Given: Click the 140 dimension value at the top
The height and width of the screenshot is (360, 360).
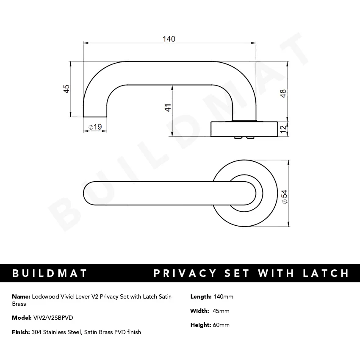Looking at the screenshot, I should (x=169, y=39).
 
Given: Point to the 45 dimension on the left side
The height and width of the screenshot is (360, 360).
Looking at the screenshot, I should (x=66, y=89).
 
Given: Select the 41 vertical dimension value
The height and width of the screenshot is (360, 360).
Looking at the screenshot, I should (x=168, y=108).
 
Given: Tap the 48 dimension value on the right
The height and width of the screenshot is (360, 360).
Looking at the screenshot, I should (x=283, y=93).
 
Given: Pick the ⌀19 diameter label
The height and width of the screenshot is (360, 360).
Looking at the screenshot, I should (x=95, y=127).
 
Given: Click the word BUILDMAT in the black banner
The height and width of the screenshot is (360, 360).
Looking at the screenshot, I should (x=50, y=273).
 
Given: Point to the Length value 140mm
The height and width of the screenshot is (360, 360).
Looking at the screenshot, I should (x=224, y=296).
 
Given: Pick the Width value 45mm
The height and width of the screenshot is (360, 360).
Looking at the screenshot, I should (x=221, y=311).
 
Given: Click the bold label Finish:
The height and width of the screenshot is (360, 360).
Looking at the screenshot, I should (x=21, y=332).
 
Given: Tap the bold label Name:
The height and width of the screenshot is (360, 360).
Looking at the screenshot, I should (x=21, y=296).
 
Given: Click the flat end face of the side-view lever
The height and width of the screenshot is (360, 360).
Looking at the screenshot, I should (x=94, y=116).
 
